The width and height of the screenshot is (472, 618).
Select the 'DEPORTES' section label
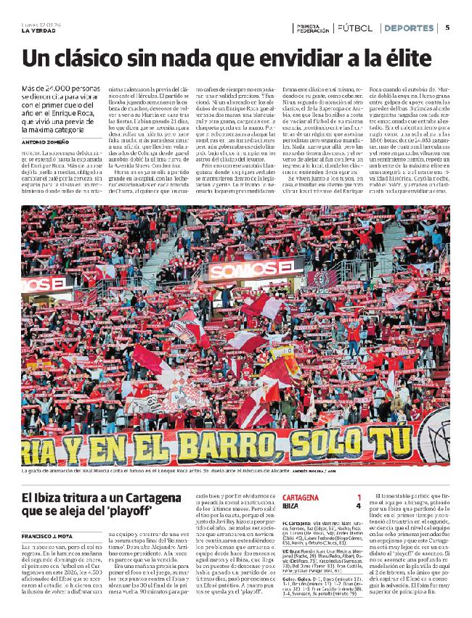click(x=409, y=28)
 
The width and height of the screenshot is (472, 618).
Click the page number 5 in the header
click(x=448, y=28)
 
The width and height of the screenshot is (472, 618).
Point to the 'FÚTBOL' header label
click(x=355, y=28)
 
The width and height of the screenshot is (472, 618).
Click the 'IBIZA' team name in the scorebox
click(x=291, y=506)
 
